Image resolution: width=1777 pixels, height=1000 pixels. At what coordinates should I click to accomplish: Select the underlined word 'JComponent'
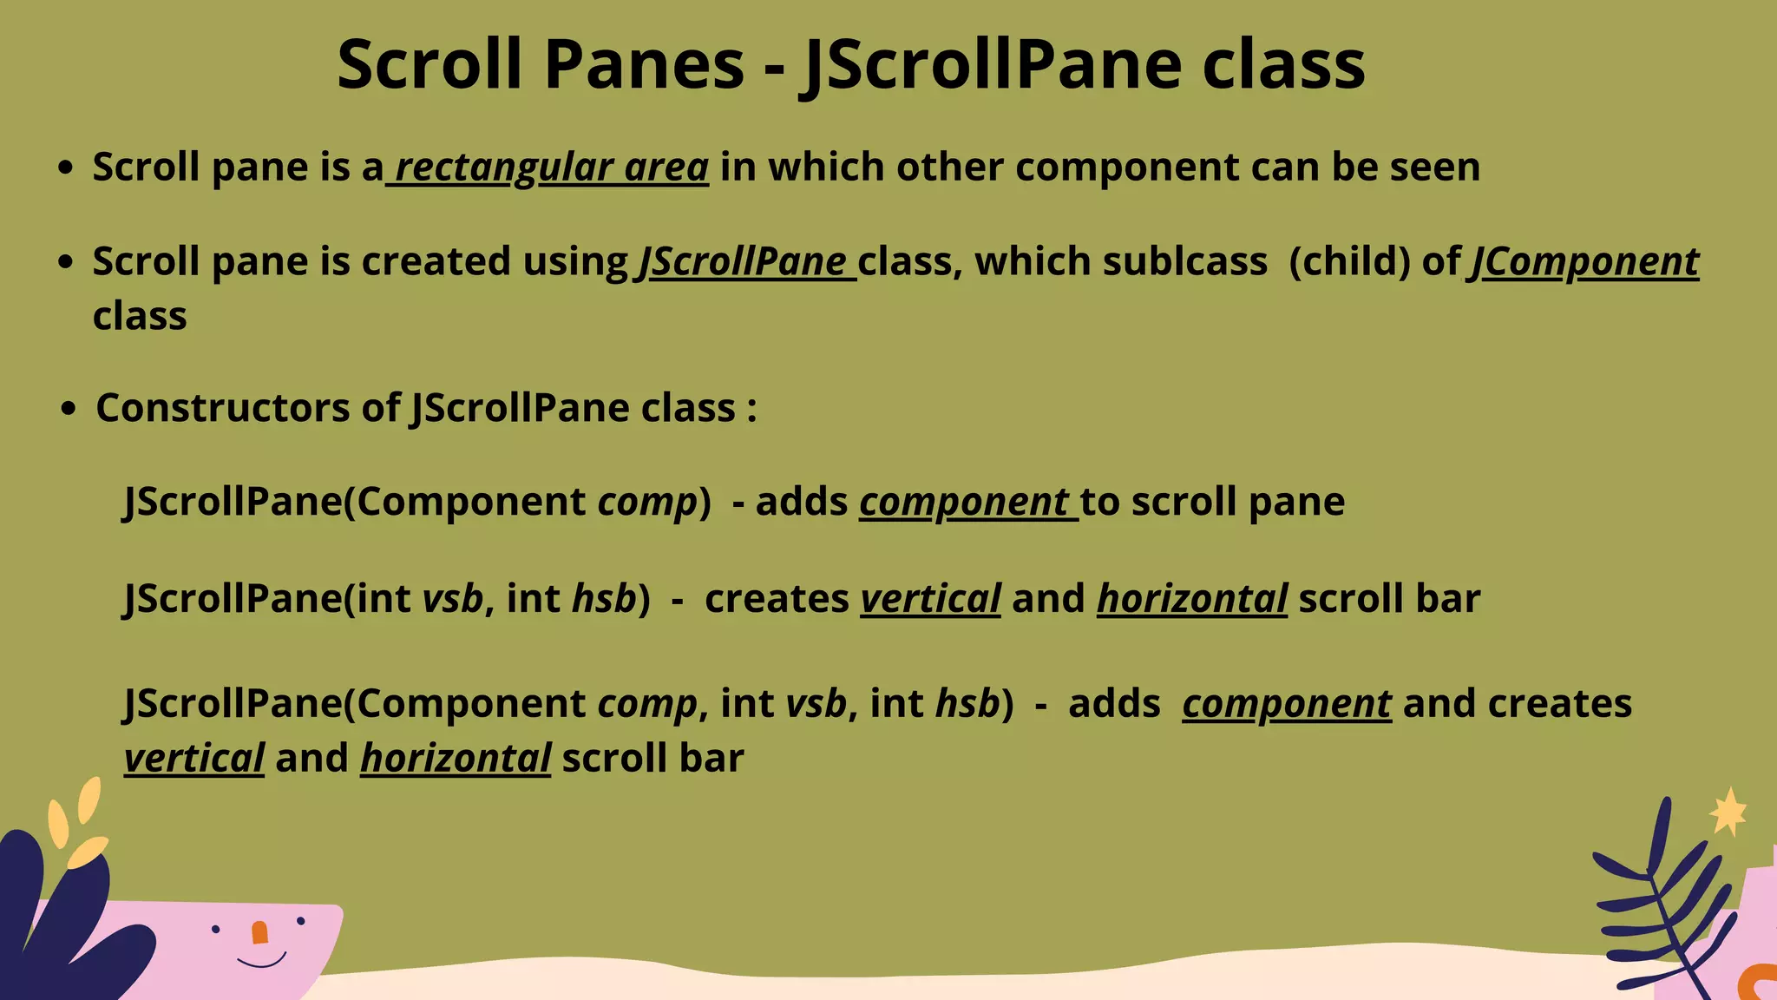click(x=1584, y=262)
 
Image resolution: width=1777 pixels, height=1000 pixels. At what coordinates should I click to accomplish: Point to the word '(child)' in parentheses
click(x=1349, y=262)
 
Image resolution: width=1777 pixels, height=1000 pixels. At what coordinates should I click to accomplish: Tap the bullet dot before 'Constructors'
click(x=69, y=409)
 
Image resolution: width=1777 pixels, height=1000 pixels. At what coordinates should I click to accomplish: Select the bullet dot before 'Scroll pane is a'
click(x=65, y=168)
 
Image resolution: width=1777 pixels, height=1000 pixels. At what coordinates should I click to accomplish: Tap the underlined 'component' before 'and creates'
click(x=1286, y=704)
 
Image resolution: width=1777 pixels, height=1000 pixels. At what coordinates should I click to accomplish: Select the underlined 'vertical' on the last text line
click(x=194, y=759)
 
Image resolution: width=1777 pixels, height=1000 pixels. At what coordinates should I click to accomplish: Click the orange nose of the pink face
click(x=259, y=933)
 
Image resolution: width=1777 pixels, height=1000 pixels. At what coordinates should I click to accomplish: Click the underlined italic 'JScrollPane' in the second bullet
click(x=744, y=262)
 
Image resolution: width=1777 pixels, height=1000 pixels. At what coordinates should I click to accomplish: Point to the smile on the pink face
click(x=261, y=962)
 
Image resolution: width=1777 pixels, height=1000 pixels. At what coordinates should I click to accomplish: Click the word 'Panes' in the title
click(x=644, y=65)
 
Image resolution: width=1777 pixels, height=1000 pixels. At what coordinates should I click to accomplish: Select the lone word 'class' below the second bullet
click(x=140, y=317)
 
